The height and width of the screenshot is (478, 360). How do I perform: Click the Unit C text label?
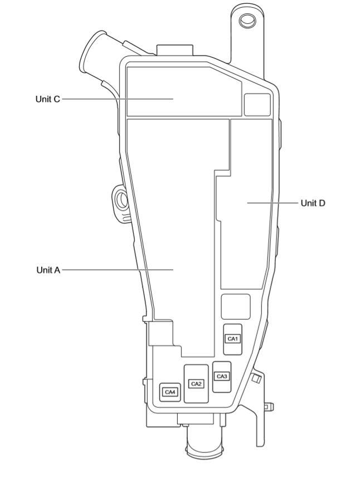click(x=47, y=99)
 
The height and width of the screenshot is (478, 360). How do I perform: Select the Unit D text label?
click(x=313, y=203)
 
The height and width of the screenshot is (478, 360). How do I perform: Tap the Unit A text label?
click(x=48, y=270)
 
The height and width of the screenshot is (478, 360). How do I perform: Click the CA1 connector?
click(x=232, y=339)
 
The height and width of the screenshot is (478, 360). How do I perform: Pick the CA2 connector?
click(x=196, y=383)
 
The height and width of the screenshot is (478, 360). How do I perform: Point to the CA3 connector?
click(x=222, y=377)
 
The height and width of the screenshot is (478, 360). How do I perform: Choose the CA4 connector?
click(x=170, y=392)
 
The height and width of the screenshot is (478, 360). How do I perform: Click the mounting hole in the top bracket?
click(x=247, y=21)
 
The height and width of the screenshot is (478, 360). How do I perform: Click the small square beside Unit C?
click(x=257, y=104)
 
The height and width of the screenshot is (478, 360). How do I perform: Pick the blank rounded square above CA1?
click(x=236, y=306)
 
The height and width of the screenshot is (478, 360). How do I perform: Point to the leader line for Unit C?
click(x=117, y=99)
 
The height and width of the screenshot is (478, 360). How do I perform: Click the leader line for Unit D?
click(x=273, y=203)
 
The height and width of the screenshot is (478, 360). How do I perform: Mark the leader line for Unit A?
click(x=117, y=270)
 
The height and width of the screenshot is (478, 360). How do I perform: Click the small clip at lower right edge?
click(x=256, y=379)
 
